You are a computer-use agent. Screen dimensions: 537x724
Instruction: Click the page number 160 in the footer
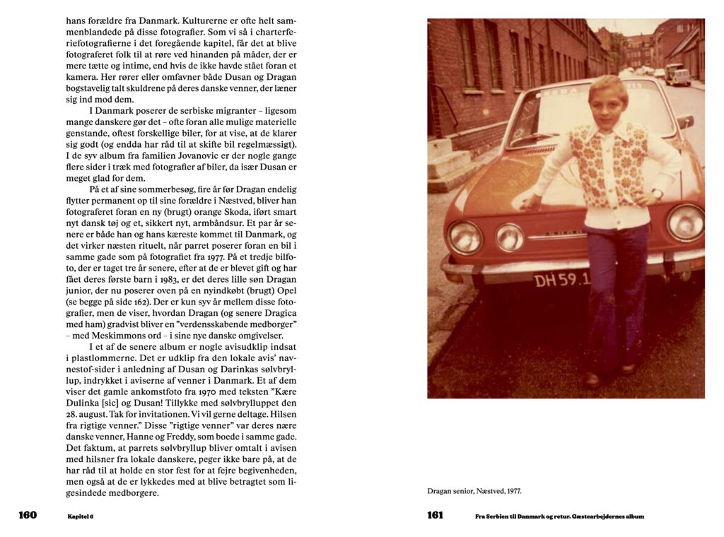click(x=28, y=515)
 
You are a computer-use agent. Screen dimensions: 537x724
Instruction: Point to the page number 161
click(x=436, y=515)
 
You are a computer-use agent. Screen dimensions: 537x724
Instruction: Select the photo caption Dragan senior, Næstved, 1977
click(x=474, y=490)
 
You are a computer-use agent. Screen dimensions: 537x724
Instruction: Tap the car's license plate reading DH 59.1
click(x=561, y=280)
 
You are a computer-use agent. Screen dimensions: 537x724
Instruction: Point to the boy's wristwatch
click(x=657, y=193)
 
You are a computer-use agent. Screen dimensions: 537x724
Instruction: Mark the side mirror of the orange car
click(x=684, y=122)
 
